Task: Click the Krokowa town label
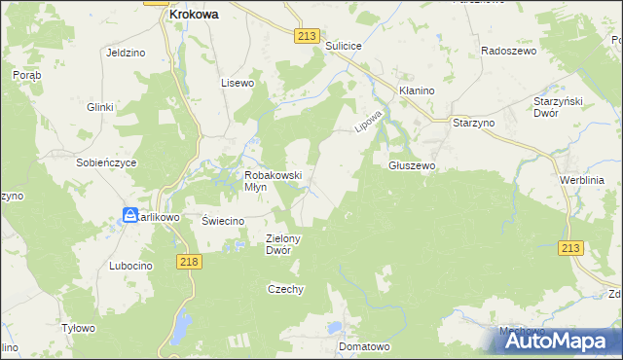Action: [193, 16]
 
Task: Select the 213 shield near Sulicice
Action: [306, 36]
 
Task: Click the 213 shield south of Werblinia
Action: [571, 249]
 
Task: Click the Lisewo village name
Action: [237, 83]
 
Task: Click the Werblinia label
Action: [582, 181]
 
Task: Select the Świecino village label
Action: [221, 221]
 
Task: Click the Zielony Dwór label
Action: [284, 244]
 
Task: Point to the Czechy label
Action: [286, 289]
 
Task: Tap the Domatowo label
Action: [364, 346]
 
